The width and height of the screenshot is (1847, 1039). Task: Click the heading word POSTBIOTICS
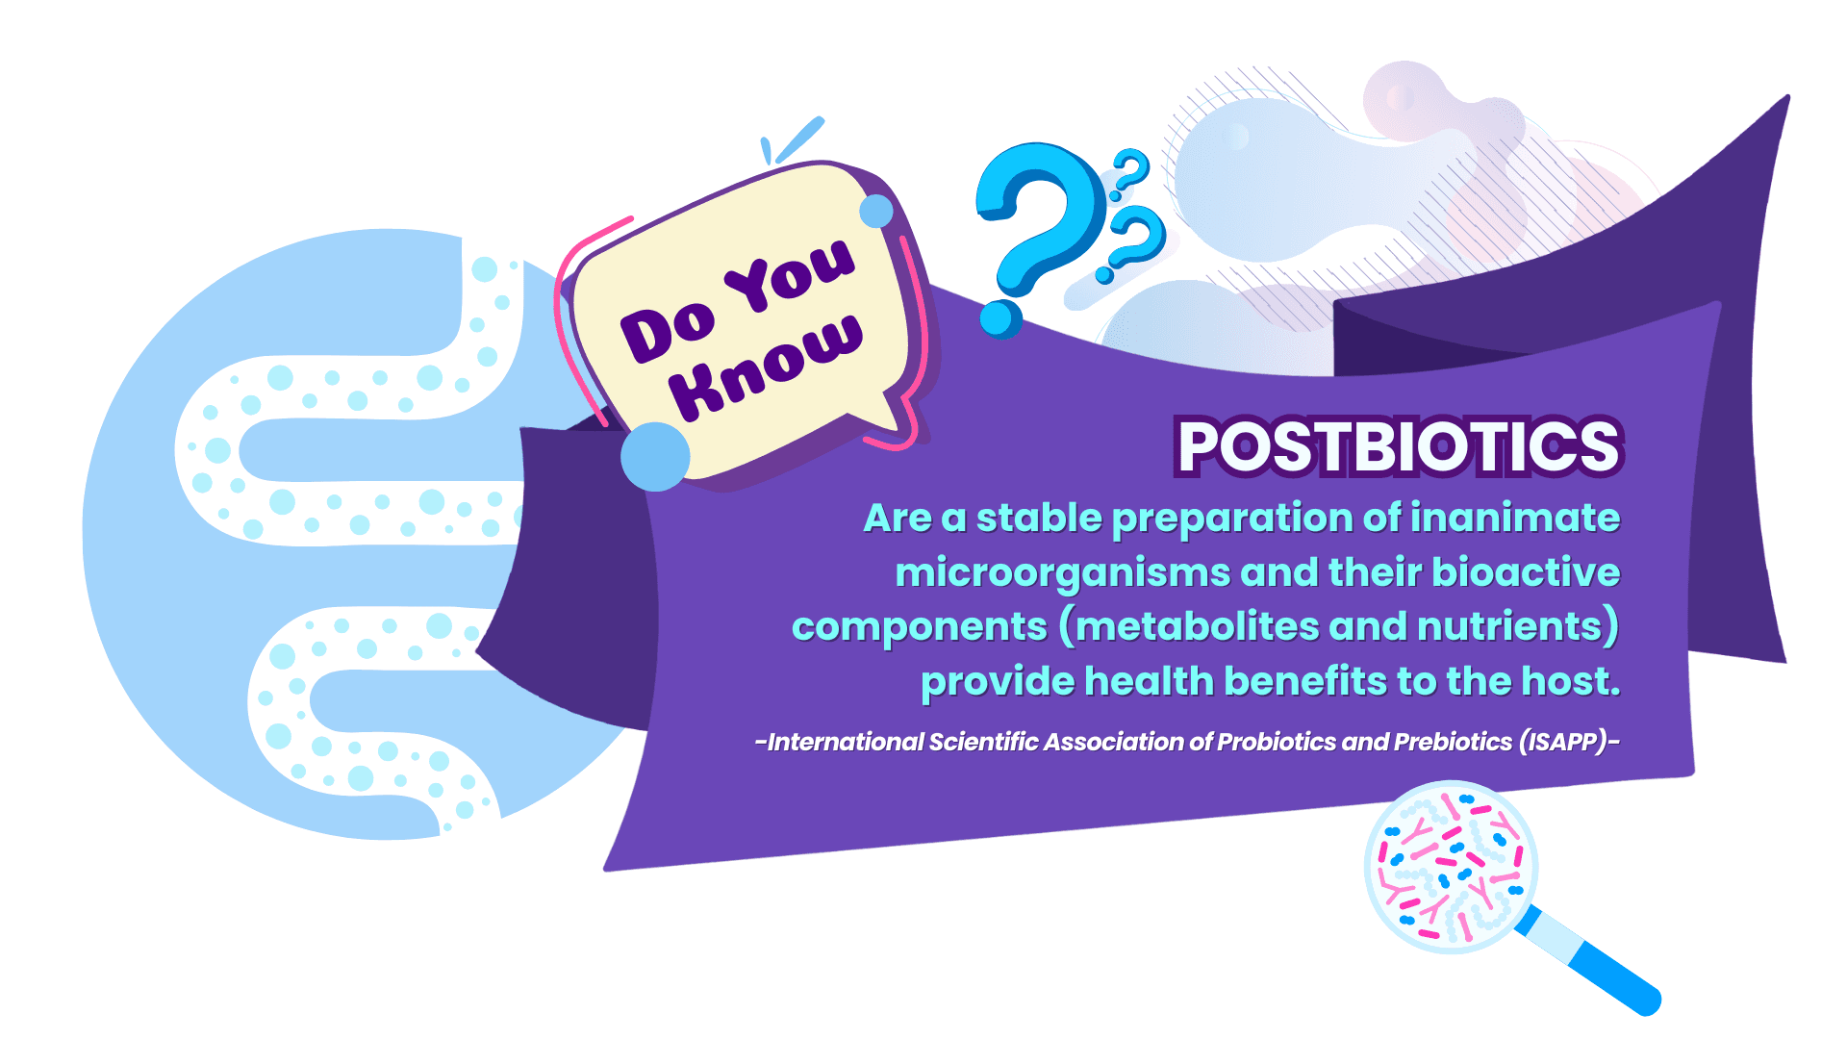click(1401, 446)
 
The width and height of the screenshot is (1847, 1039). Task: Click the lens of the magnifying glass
click(1451, 867)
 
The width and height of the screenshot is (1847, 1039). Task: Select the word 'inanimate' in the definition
click(1515, 518)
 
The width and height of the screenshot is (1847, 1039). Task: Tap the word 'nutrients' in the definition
click(1509, 626)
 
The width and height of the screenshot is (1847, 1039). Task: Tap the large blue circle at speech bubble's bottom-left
click(655, 457)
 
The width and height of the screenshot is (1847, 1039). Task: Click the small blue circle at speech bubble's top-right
click(876, 212)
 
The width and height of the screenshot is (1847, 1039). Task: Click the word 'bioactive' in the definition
click(1526, 572)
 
